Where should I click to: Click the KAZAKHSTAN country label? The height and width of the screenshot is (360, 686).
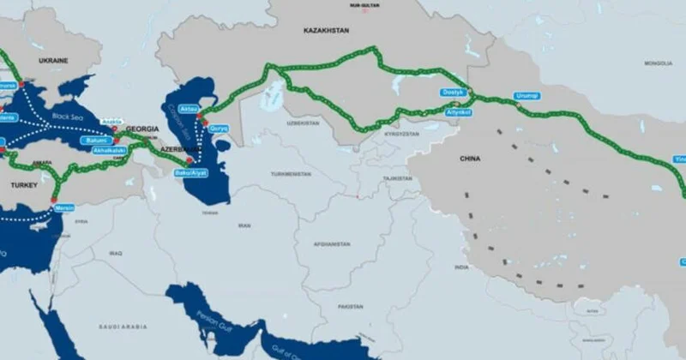[x=326, y=30]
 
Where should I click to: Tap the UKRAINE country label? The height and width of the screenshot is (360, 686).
[x=54, y=62]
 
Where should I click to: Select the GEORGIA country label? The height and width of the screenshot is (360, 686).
[x=141, y=129]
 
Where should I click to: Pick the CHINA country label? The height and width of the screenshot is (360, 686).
[x=470, y=159]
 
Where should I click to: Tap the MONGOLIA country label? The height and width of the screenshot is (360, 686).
[x=659, y=63]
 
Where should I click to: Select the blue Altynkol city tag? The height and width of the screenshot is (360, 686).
[x=460, y=112]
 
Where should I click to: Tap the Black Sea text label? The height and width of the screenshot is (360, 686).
[x=64, y=114]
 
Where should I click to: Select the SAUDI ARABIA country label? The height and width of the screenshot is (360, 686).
[x=119, y=327]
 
